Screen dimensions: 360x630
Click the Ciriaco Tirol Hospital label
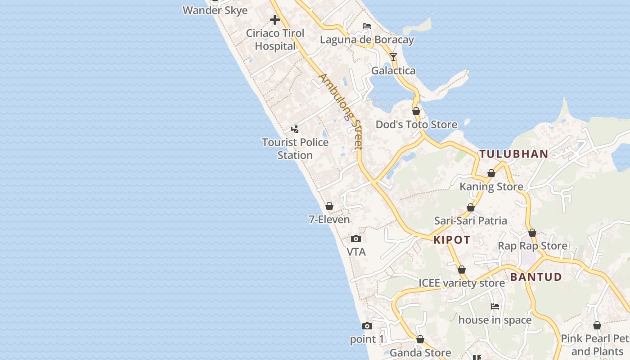point(275,40)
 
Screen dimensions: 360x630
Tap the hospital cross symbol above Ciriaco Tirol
point(274,20)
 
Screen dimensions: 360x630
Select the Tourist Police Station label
point(295,148)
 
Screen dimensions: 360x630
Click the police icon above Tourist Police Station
point(295,130)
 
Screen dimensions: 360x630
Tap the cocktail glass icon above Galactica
point(393,57)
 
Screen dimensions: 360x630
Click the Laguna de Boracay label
point(367,40)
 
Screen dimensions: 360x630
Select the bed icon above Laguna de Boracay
point(367,26)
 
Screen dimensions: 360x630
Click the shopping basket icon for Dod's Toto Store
point(416,111)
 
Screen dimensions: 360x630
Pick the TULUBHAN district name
point(513,154)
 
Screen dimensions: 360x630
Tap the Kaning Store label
point(491,186)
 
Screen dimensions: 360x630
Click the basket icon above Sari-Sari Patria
point(471,208)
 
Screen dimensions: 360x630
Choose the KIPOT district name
point(452,240)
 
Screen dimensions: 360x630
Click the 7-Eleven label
point(329,220)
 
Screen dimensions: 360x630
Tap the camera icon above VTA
point(356,239)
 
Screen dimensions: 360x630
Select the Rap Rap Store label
point(532,246)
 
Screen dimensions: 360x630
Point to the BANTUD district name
point(536,277)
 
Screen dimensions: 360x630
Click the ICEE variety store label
point(462,283)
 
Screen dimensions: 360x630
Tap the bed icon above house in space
point(495,306)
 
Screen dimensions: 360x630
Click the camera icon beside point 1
point(367,326)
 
